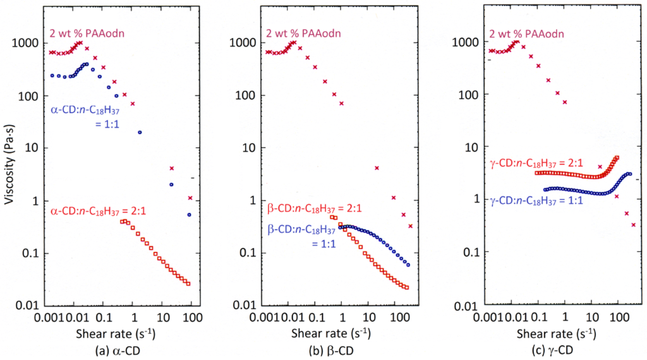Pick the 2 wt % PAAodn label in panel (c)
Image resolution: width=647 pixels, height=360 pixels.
pyautogui.click(x=526, y=33)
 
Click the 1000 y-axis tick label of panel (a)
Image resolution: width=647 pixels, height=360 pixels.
pyautogui.click(x=32, y=43)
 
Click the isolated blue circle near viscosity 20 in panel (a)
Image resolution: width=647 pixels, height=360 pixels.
pyautogui.click(x=140, y=133)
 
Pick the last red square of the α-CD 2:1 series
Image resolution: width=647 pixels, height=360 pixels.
pyautogui.click(x=188, y=284)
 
